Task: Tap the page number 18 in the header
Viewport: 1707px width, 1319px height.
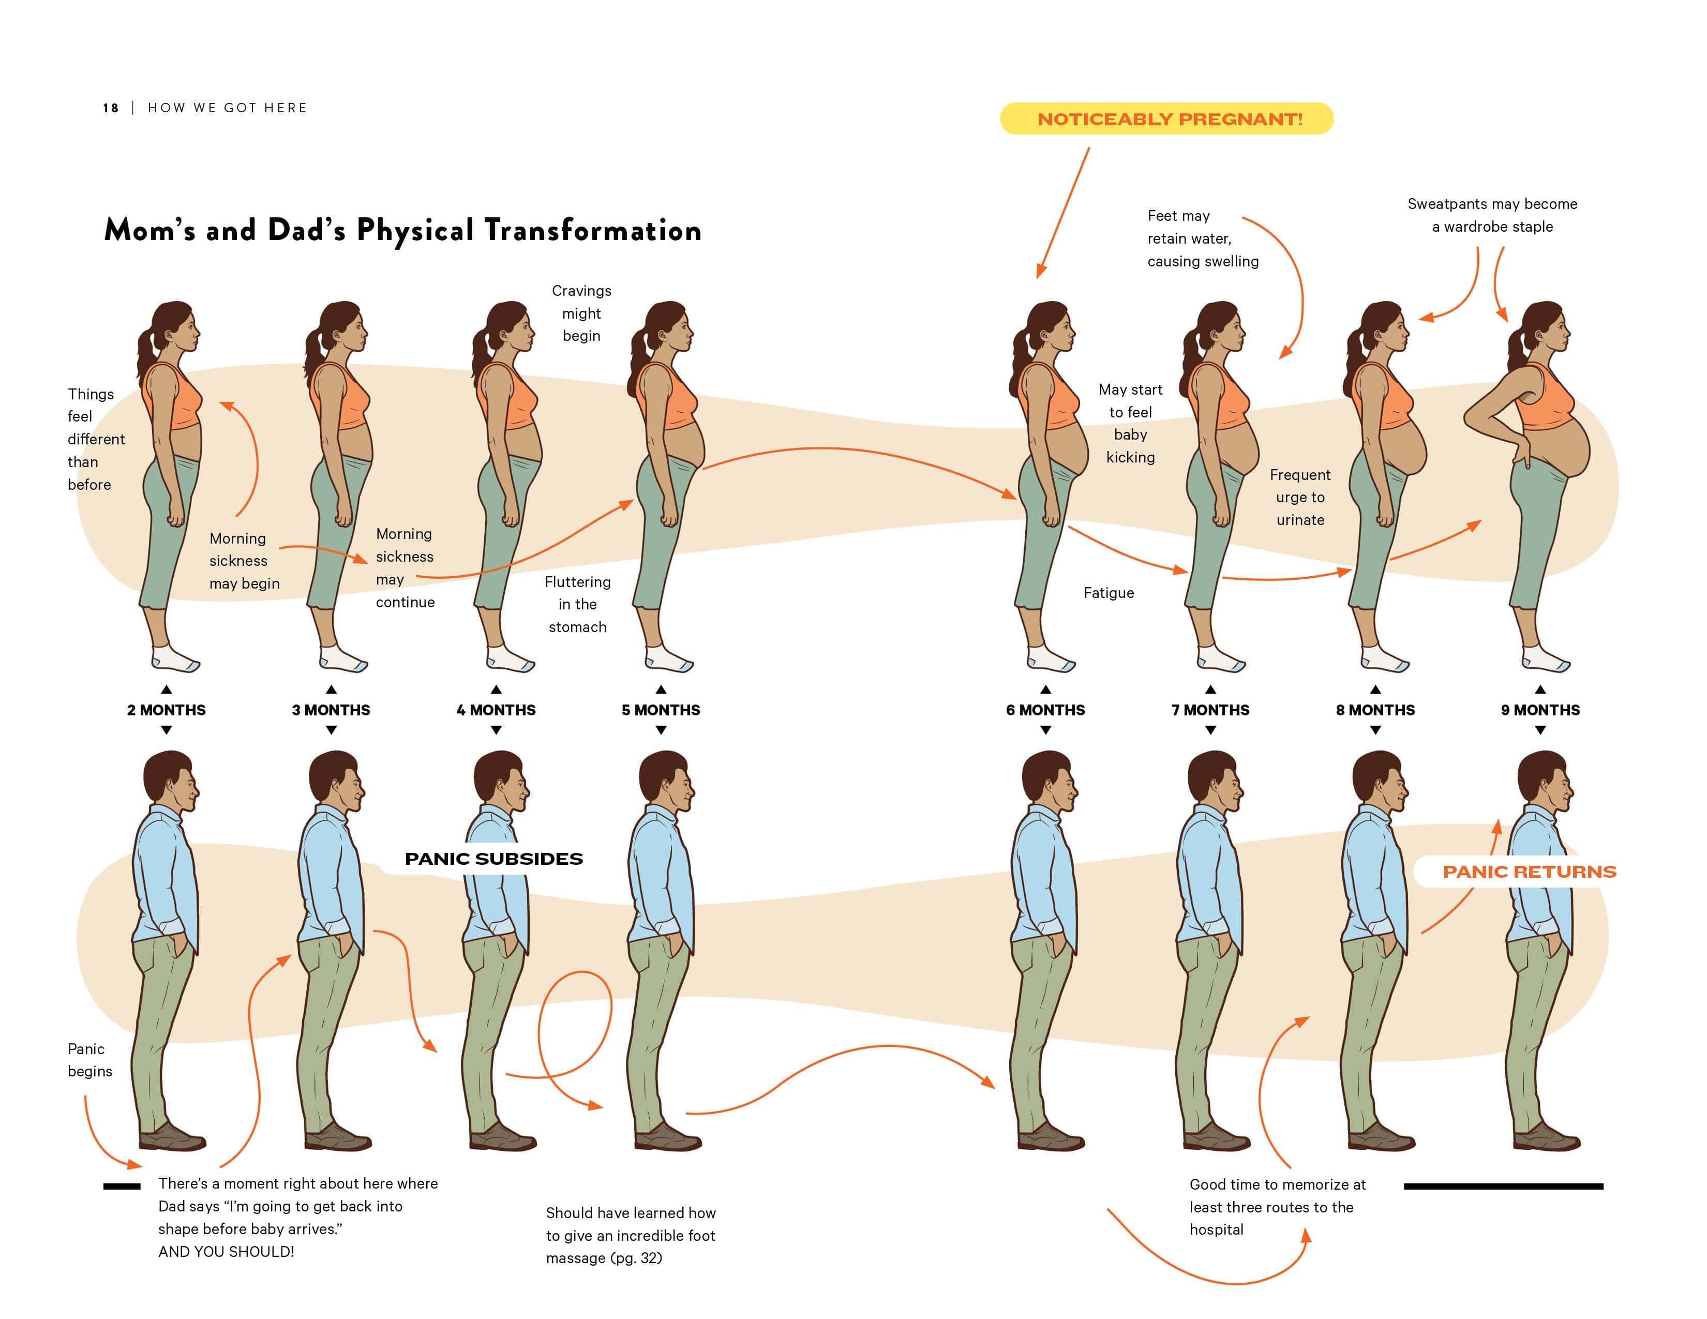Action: coord(110,108)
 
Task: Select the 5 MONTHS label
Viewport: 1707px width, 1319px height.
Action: coord(661,710)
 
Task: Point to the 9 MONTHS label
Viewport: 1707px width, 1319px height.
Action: coord(1540,710)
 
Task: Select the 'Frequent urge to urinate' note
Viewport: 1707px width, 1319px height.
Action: coord(1300,498)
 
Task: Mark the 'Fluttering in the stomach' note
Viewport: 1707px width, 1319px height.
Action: coord(578,605)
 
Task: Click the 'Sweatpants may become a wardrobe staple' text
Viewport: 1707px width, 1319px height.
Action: coord(1492,215)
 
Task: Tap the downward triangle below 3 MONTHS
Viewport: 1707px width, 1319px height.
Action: coord(332,730)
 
